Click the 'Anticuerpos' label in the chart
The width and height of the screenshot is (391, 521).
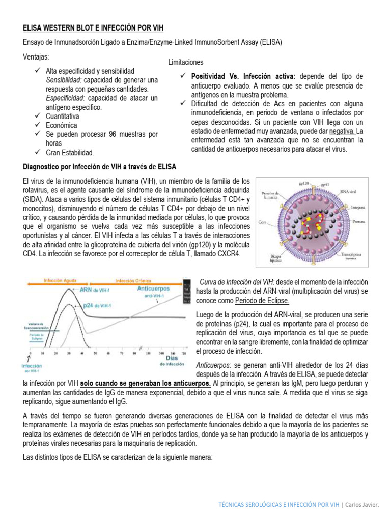[153, 288]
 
